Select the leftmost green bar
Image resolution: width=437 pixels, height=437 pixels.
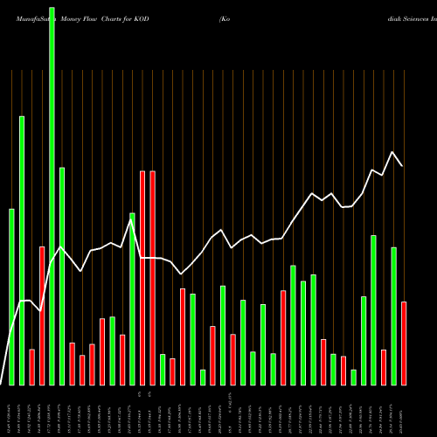pyautogui.click(x=11, y=297)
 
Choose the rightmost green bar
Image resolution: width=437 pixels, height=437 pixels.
pyautogui.click(x=393, y=316)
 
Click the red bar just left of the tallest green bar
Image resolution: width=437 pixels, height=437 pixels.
pyautogui.click(x=42, y=316)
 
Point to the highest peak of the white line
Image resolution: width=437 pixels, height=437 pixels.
pyautogui.click(x=393, y=152)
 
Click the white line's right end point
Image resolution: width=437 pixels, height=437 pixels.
pyautogui.click(x=403, y=165)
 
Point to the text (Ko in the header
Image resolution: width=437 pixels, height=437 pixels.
pyautogui.click(x=225, y=6)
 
